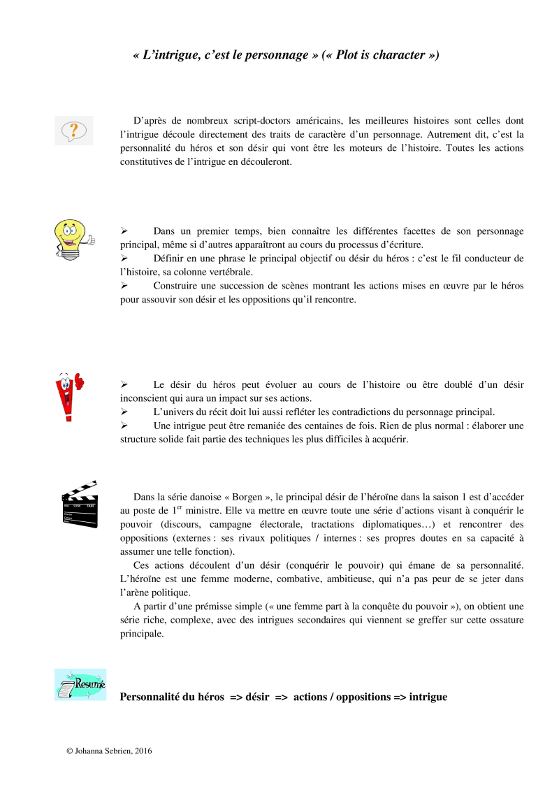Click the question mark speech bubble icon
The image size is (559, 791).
[73, 131]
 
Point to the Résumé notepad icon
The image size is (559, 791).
[80, 684]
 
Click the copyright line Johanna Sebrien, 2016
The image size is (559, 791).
[109, 751]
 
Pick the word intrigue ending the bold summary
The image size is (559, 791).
[428, 697]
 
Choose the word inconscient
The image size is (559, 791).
[146, 398]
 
